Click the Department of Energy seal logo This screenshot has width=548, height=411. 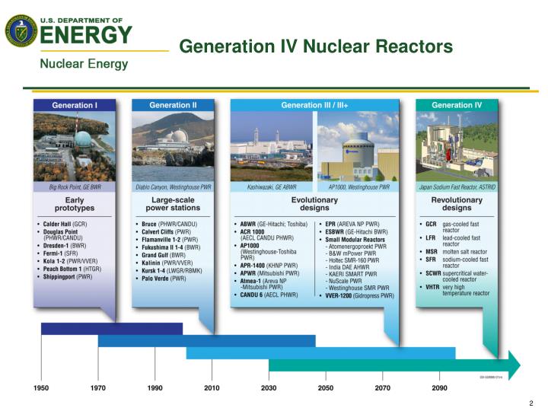click(21, 30)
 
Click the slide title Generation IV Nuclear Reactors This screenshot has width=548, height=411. click(316, 47)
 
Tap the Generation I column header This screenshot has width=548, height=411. click(74, 105)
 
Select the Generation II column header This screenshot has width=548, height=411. click(173, 105)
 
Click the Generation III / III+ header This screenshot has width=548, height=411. click(314, 105)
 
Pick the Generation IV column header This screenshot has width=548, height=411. click(457, 105)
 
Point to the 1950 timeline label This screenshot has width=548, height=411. click(41, 388)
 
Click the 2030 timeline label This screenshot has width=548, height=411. click(269, 388)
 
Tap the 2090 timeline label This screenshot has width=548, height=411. click(439, 388)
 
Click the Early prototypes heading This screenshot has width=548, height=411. click(74, 204)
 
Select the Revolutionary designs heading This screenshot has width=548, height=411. click(457, 204)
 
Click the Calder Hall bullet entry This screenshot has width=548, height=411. click(65, 225)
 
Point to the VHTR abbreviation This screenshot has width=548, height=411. click(432, 287)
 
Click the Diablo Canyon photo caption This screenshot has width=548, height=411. click(173, 186)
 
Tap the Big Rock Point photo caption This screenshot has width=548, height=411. click(74, 186)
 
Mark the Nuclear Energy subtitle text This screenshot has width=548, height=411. click(84, 64)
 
